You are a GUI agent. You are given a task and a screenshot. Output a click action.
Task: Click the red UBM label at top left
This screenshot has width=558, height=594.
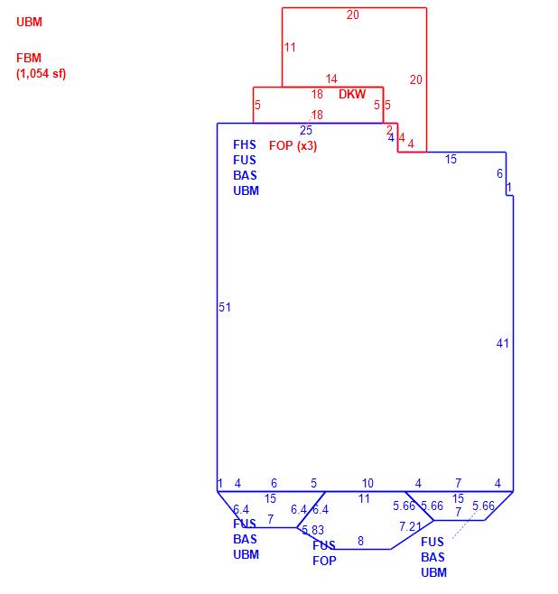pos(29,22)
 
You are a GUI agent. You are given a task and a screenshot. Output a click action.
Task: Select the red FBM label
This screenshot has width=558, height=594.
pos(29,58)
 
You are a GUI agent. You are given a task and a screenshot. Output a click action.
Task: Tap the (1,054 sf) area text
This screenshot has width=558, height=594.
pos(41,73)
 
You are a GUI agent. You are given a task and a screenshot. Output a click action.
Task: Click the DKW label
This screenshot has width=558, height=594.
pos(352,94)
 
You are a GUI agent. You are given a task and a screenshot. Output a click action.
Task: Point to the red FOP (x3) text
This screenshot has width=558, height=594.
pos(293,145)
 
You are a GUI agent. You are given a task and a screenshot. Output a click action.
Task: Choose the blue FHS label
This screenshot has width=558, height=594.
pos(245,144)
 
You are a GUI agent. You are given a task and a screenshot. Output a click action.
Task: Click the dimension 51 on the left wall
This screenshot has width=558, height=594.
pos(225,307)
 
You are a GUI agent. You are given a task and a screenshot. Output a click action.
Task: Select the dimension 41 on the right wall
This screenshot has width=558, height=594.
pos(503,343)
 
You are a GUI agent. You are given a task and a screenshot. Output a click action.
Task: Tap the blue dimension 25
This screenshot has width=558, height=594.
pos(306,130)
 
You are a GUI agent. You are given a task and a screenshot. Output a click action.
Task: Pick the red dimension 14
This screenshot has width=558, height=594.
pos(331,79)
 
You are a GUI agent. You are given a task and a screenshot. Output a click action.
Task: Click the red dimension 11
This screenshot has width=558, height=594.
pos(290,47)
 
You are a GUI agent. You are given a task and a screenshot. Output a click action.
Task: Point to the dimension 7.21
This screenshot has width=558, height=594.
pos(410,526)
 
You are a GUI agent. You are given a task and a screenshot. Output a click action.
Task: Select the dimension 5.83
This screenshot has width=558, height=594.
pos(312,530)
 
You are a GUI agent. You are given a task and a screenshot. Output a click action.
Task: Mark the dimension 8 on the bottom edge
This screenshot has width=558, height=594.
pos(360,541)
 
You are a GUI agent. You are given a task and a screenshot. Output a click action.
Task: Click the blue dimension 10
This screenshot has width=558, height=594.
pos(367,484)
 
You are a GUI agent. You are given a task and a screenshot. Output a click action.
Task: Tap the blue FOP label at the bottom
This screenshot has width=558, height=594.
pos(324,561)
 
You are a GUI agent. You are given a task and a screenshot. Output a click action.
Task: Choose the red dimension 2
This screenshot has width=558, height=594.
pos(390,130)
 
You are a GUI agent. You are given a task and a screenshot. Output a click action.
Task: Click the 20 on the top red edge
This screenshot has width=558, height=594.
pos(352,14)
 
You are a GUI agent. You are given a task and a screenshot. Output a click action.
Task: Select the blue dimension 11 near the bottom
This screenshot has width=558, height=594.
pos(364,498)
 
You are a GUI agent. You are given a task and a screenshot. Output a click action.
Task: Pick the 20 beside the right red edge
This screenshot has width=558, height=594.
pos(415,79)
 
